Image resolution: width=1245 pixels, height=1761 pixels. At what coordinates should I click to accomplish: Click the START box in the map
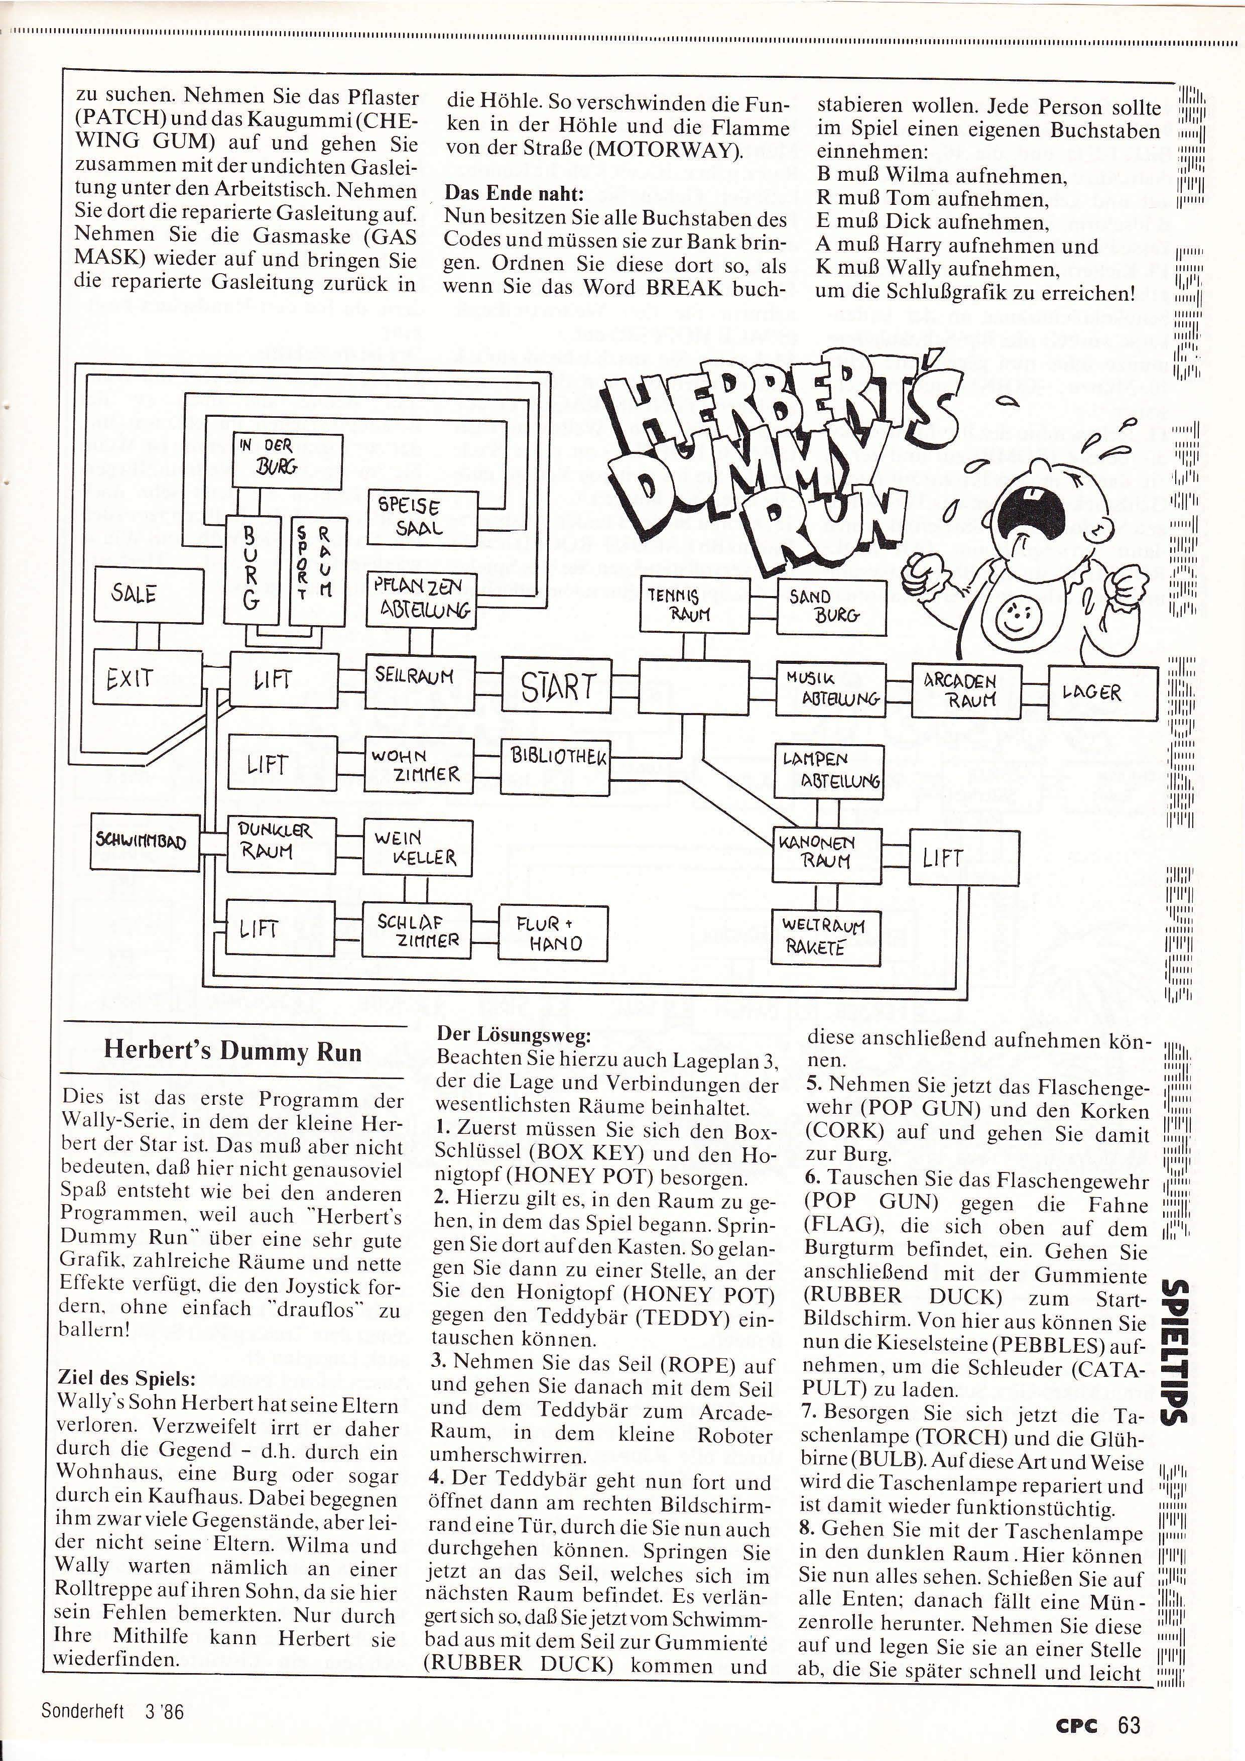557,686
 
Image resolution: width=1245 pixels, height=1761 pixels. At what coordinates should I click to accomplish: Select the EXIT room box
147,677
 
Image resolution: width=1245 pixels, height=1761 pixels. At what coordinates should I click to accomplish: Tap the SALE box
149,595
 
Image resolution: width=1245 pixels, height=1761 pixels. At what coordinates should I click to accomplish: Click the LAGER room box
1102,693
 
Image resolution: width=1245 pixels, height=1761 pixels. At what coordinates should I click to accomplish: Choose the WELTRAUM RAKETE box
824,935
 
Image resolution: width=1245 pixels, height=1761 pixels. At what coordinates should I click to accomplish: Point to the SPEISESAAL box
422,516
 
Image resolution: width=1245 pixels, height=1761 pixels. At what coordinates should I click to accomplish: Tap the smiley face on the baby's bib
1019,614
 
